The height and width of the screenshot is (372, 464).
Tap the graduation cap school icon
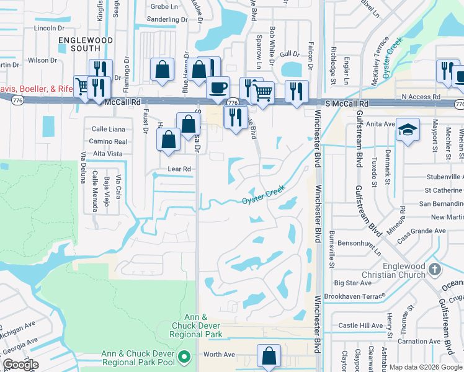tap(408, 131)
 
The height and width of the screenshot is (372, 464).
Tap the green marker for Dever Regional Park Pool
tap(184, 357)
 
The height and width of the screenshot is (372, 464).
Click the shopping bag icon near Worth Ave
tap(269, 356)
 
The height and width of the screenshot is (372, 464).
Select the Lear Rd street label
tap(178, 169)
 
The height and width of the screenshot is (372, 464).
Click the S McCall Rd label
tap(347, 104)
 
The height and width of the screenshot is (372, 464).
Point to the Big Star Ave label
tap(352, 282)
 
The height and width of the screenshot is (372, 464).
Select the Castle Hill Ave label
tap(361, 325)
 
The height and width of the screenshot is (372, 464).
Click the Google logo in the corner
tap(21, 365)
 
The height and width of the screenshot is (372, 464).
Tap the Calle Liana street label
tap(109, 129)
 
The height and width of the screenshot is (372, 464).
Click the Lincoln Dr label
tap(50, 28)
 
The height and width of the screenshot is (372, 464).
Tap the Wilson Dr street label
tap(42, 60)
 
